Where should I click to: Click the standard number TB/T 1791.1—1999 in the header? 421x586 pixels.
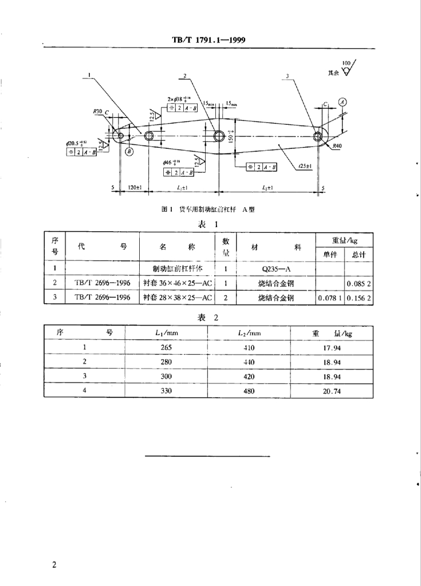click(x=209, y=41)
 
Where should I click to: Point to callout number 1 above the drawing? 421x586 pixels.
click(x=90, y=74)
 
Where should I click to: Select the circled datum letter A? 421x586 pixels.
click(x=342, y=102)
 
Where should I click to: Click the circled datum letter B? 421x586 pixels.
click(x=128, y=152)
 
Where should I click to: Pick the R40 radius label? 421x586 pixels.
click(x=336, y=146)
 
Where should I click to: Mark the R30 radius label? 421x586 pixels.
click(x=96, y=112)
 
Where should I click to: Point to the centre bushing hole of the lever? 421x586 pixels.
click(x=218, y=136)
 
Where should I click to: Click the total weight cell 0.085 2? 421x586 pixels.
click(x=359, y=283)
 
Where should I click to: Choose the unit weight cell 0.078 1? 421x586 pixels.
click(x=329, y=298)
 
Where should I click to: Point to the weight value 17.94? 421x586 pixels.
click(x=332, y=347)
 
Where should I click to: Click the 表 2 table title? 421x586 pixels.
click(x=208, y=317)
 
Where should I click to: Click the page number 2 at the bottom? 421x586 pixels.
click(x=54, y=566)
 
